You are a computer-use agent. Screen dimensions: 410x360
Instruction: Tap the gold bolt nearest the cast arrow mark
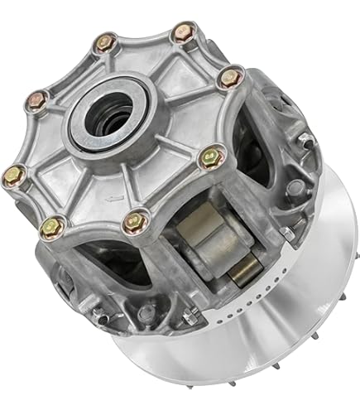tap(55, 224)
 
